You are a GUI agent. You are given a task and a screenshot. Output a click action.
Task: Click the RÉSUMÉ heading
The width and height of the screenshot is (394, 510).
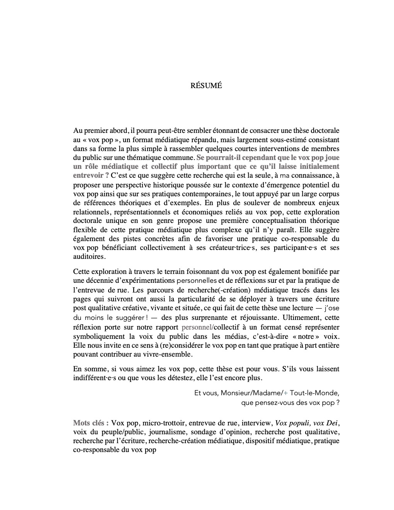click(x=206, y=86)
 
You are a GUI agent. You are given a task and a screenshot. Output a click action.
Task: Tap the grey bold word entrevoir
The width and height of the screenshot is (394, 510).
click(x=88, y=175)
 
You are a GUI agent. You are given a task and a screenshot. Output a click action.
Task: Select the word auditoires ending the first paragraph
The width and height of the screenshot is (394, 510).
click(x=88, y=257)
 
